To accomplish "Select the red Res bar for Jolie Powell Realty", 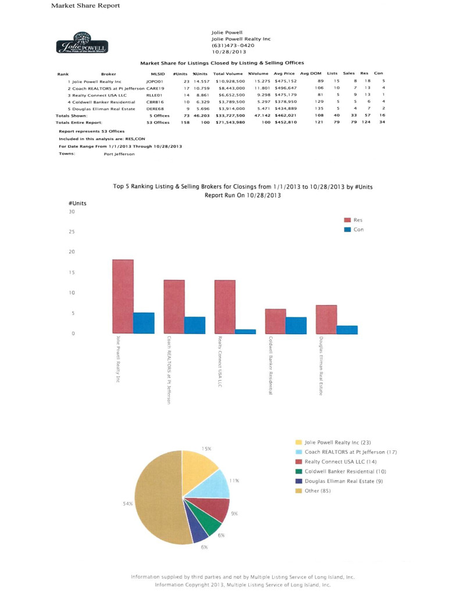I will click(x=123, y=296).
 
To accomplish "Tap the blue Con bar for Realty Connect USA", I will click(x=245, y=331).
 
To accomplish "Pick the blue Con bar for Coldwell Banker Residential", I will click(x=296, y=325).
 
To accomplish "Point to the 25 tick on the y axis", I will click(x=72, y=232).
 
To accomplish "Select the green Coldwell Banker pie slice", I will click(x=212, y=525).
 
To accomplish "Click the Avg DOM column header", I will click(x=311, y=74).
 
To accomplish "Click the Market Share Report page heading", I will click(x=85, y=6).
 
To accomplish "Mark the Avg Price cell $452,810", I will click(x=285, y=123).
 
